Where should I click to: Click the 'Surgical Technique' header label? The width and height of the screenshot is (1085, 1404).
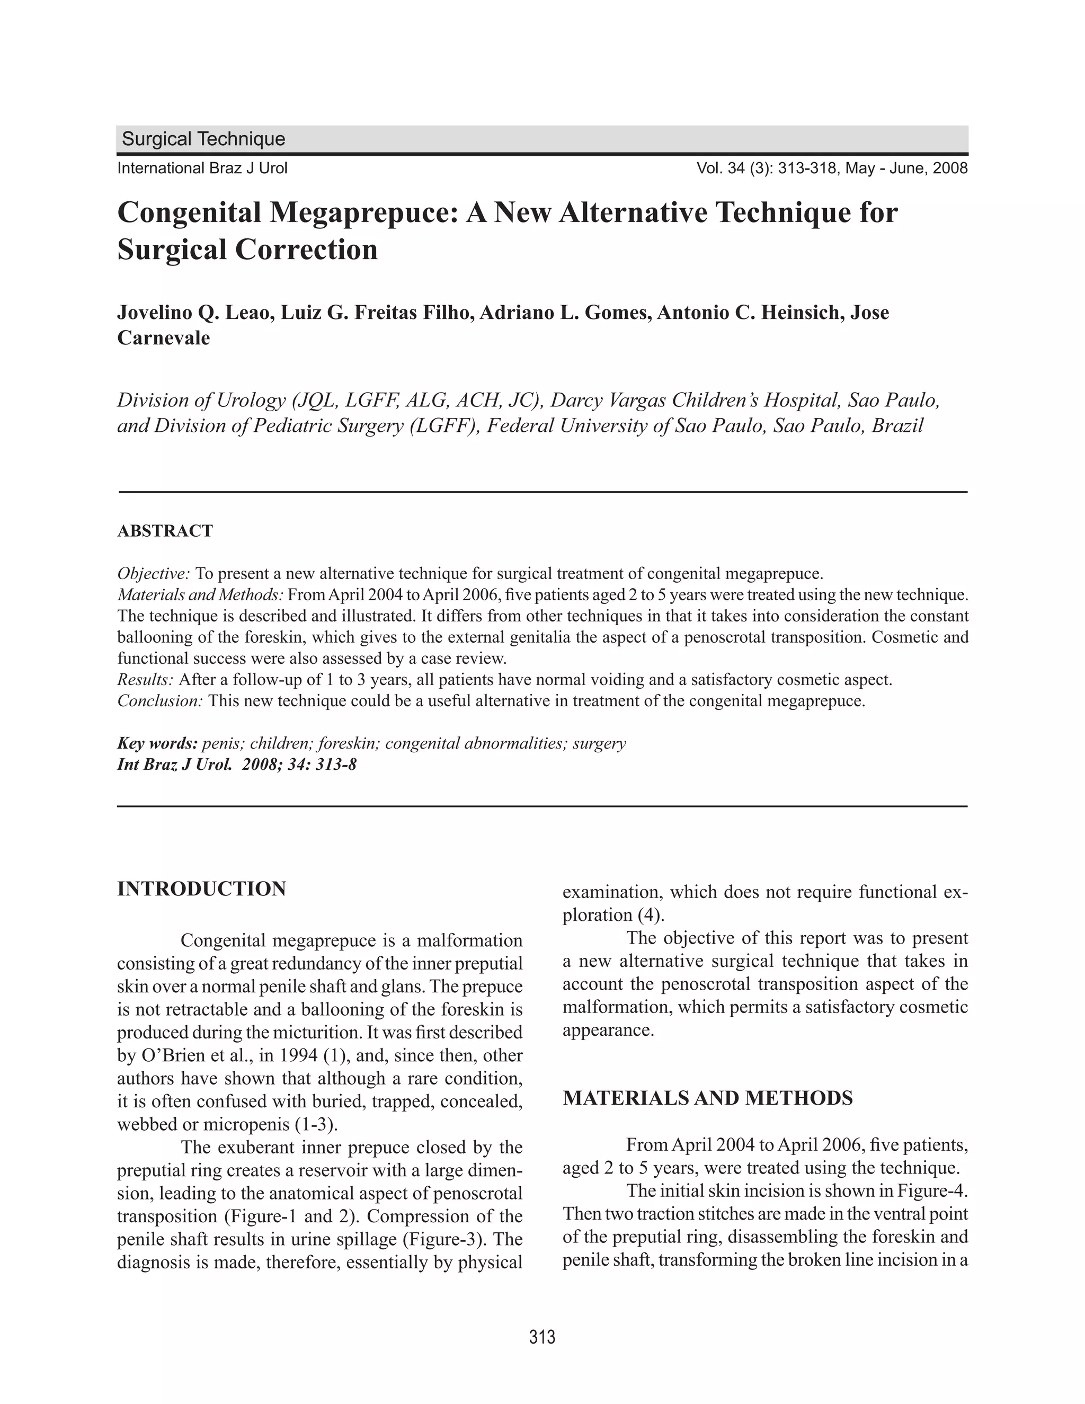(x=203, y=139)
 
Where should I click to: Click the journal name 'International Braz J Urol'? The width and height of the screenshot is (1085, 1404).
(x=202, y=168)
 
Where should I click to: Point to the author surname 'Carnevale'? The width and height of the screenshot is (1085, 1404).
(x=163, y=338)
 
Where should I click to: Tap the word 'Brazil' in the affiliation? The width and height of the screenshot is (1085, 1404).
(x=897, y=425)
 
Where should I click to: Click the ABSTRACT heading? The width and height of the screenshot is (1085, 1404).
(x=165, y=531)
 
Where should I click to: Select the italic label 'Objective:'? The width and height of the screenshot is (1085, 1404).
(x=154, y=573)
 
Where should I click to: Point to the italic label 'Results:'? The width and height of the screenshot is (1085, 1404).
(x=145, y=680)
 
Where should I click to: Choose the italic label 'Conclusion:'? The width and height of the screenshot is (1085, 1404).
(x=160, y=701)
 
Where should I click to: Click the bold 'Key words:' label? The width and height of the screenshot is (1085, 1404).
(x=157, y=744)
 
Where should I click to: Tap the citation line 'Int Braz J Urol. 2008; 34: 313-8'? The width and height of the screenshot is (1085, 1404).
(x=236, y=765)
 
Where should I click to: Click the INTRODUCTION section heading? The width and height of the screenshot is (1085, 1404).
(x=201, y=889)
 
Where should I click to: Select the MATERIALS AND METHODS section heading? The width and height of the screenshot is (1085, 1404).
(x=708, y=1098)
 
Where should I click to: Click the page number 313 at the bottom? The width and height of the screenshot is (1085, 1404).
(x=542, y=1337)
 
